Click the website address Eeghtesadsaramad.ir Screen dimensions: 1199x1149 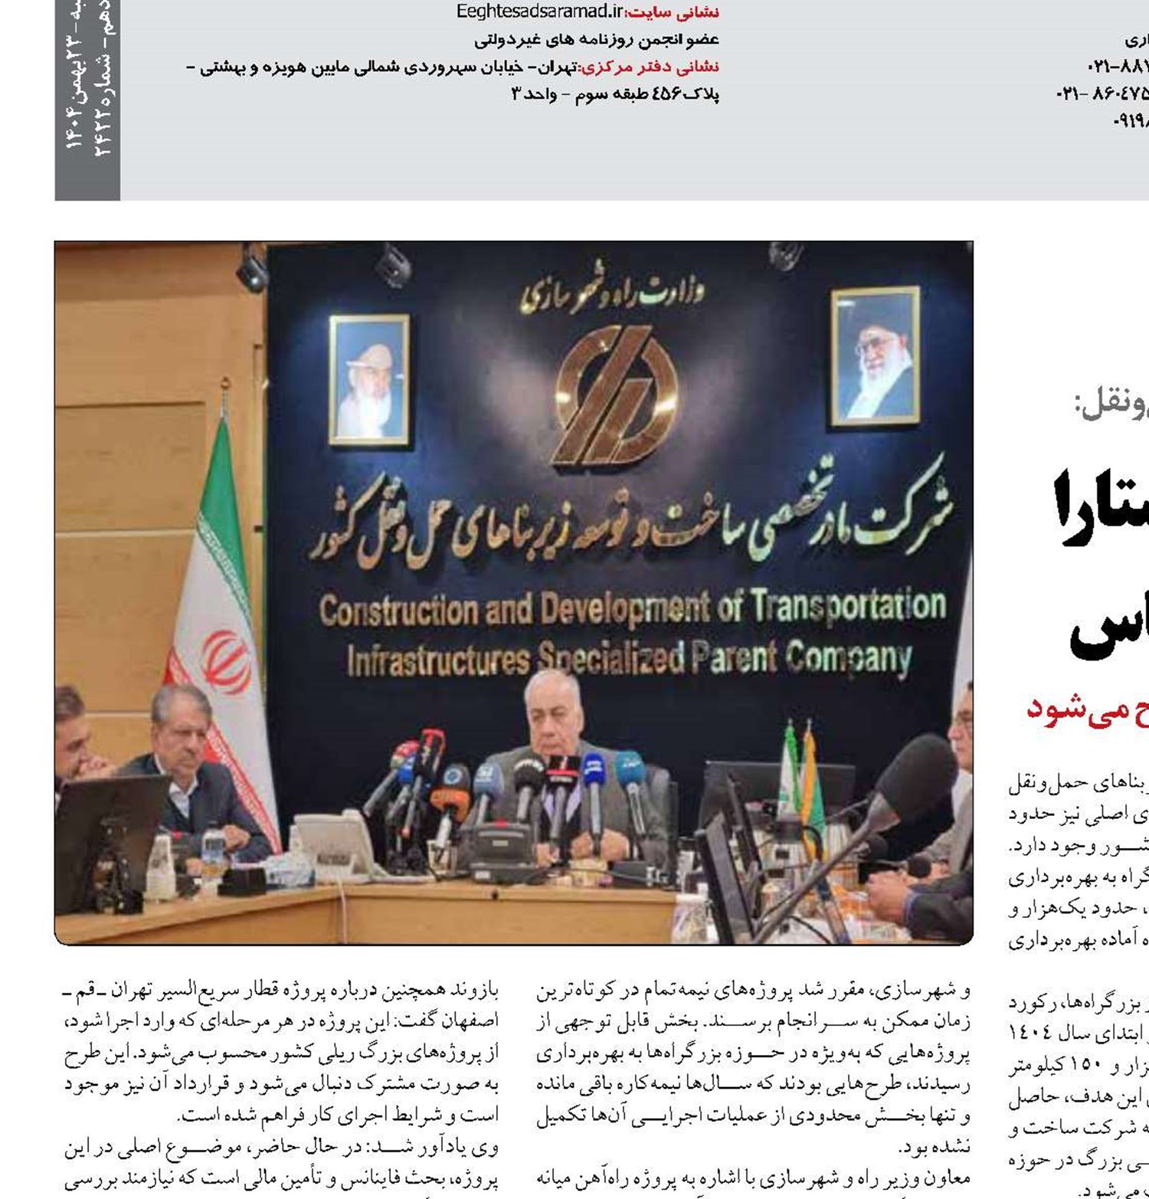(x=539, y=11)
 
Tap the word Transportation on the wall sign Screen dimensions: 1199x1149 (x=848, y=606)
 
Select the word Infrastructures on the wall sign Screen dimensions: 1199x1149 (x=437, y=660)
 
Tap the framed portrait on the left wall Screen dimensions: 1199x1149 (x=368, y=380)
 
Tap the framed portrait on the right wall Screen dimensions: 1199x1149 (x=875, y=355)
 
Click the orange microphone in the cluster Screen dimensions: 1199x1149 (x=449, y=801)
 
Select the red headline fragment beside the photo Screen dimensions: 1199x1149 (x=1088, y=709)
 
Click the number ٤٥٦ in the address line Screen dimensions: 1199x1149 (x=666, y=94)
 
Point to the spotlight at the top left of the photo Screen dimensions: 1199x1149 (x=252, y=270)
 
